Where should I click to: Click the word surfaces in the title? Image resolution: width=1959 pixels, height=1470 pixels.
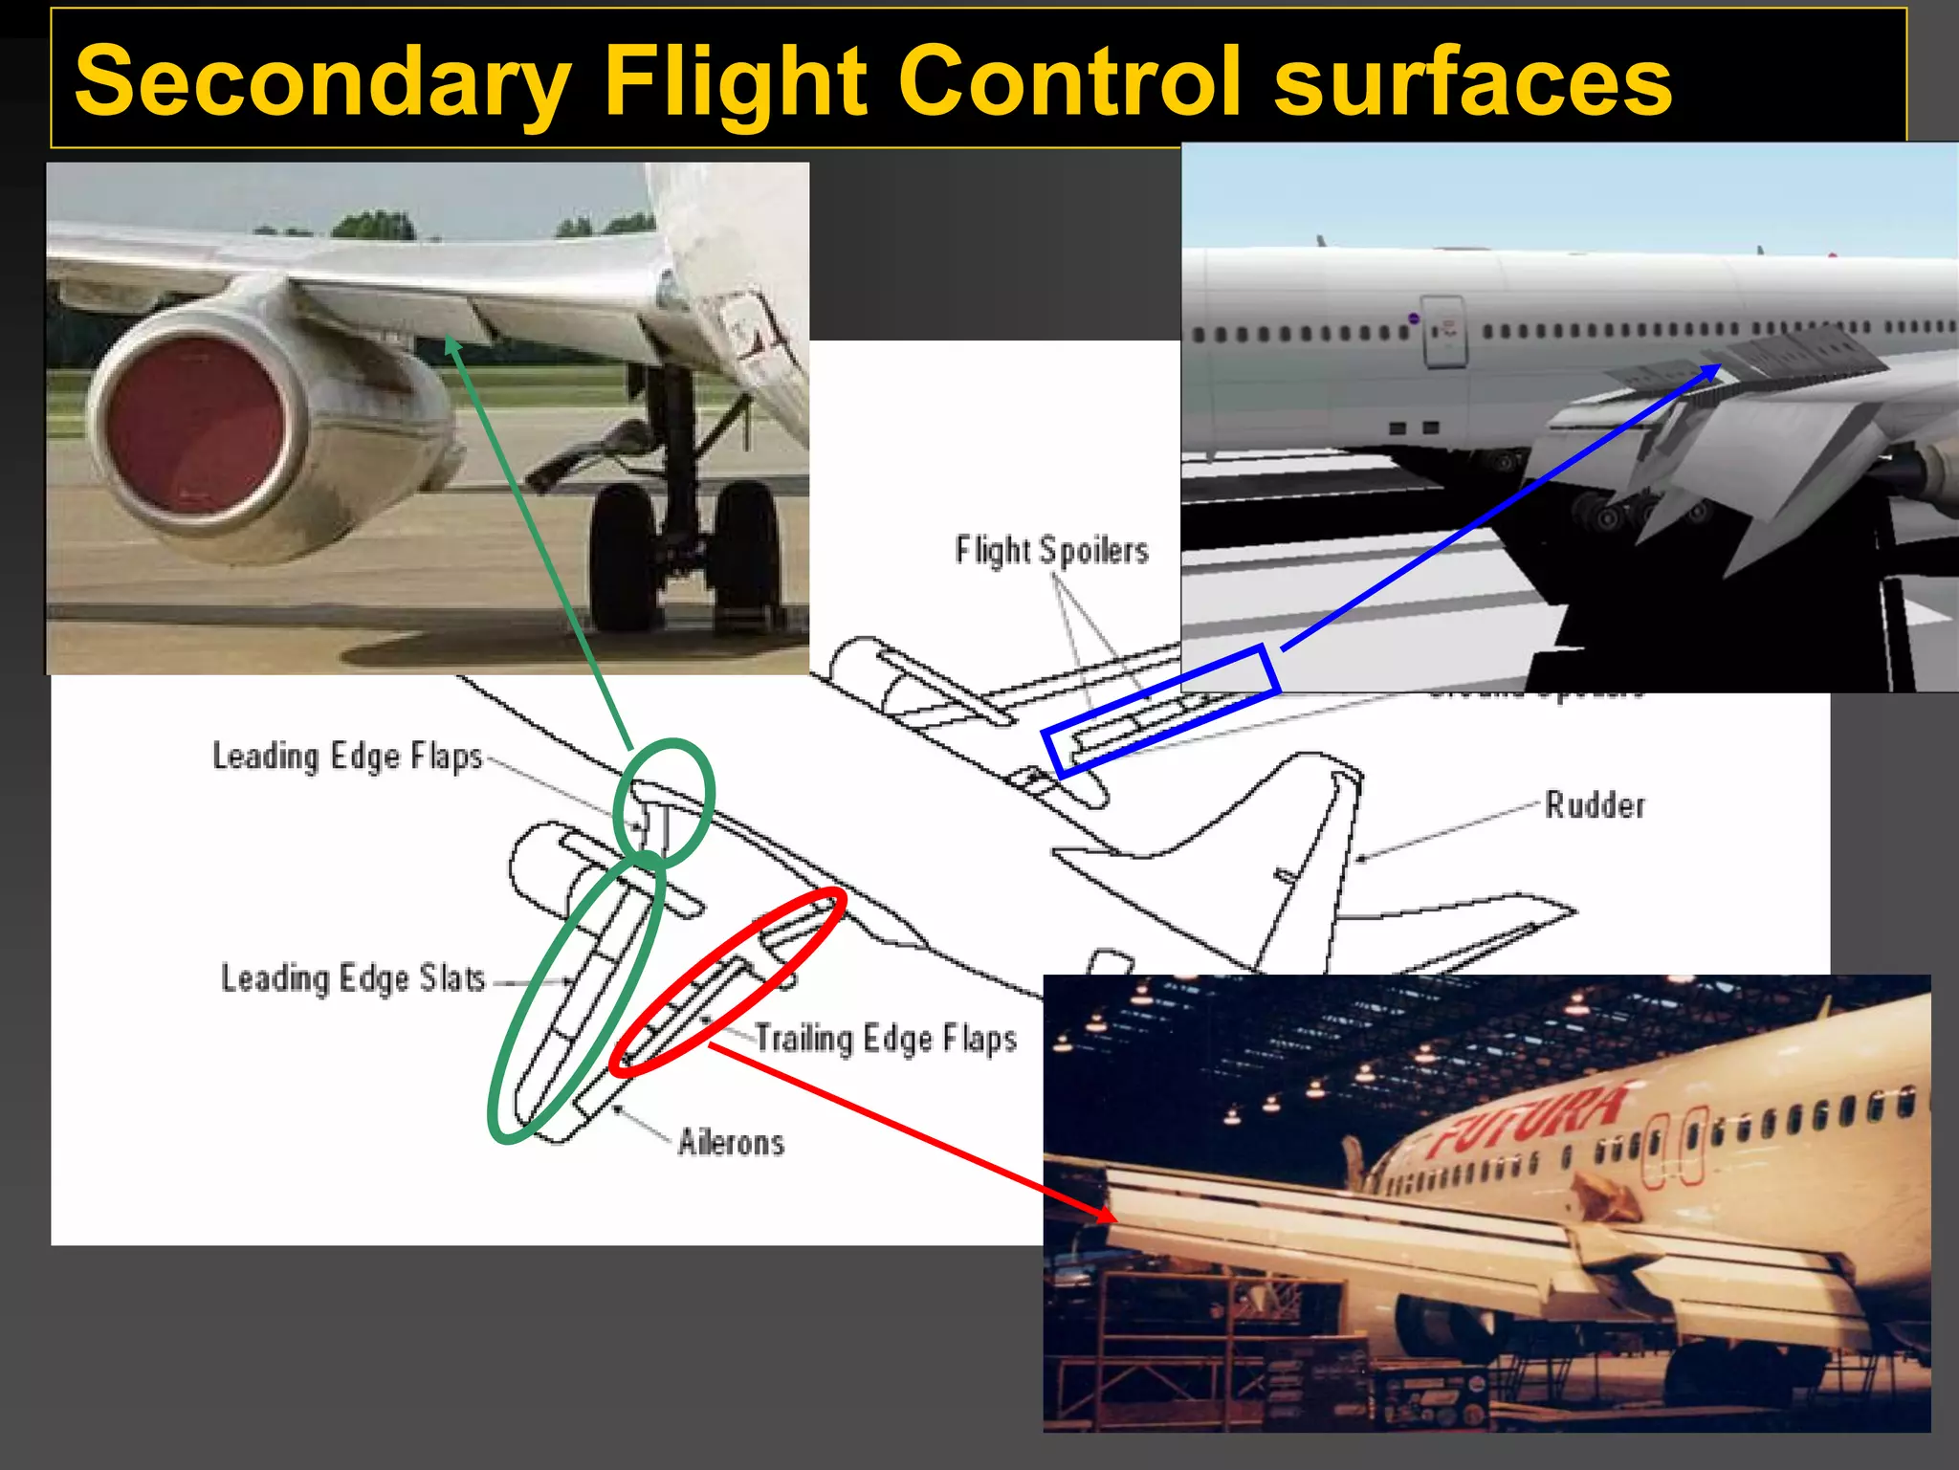(x=1473, y=82)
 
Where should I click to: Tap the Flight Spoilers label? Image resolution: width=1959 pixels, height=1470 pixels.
(x=1051, y=551)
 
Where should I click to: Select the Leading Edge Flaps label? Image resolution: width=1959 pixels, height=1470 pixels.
(x=347, y=757)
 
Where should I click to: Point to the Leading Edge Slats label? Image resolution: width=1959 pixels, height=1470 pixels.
(x=353, y=978)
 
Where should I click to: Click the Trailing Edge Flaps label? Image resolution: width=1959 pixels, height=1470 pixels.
(x=886, y=1039)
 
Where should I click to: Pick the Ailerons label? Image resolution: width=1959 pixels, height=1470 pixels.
(x=731, y=1142)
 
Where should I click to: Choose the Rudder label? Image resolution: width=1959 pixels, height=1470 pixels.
(x=1596, y=805)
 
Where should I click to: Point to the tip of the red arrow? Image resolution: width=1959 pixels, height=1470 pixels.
(x=1113, y=1219)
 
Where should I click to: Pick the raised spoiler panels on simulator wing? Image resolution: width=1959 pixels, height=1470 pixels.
(x=1770, y=359)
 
